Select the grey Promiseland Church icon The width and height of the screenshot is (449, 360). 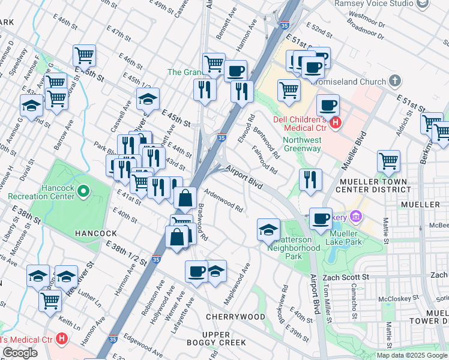click(x=394, y=80)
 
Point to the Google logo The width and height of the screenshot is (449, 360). click(x=20, y=353)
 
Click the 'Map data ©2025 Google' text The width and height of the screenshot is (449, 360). click(x=412, y=355)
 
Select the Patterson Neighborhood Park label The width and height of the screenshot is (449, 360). click(x=294, y=247)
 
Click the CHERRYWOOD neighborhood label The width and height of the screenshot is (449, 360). click(x=235, y=316)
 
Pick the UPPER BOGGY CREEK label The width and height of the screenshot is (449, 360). click(x=224, y=338)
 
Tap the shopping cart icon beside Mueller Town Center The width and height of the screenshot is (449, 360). click(x=388, y=161)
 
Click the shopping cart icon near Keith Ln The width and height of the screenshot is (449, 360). click(x=50, y=299)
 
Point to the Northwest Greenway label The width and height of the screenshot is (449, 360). click(x=301, y=144)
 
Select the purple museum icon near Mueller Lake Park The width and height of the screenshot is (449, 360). click(x=355, y=216)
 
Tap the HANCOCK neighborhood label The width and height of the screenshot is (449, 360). click(x=91, y=233)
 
